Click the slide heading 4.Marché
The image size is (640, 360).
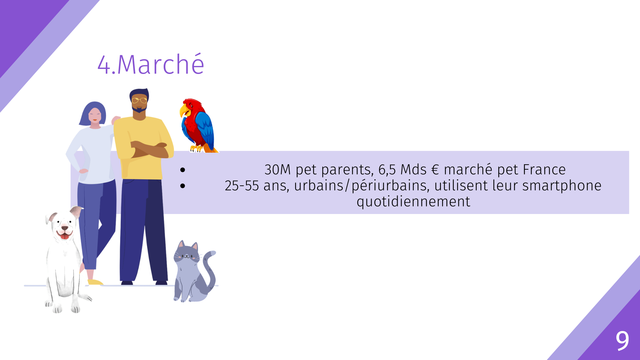(151, 64)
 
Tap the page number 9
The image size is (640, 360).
(622, 341)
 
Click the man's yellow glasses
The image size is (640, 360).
(139, 100)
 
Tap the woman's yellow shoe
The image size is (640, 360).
(95, 282)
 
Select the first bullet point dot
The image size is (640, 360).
(182, 170)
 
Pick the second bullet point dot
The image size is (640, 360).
(182, 186)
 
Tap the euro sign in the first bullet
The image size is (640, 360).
(435, 170)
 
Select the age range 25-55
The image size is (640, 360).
(242, 186)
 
